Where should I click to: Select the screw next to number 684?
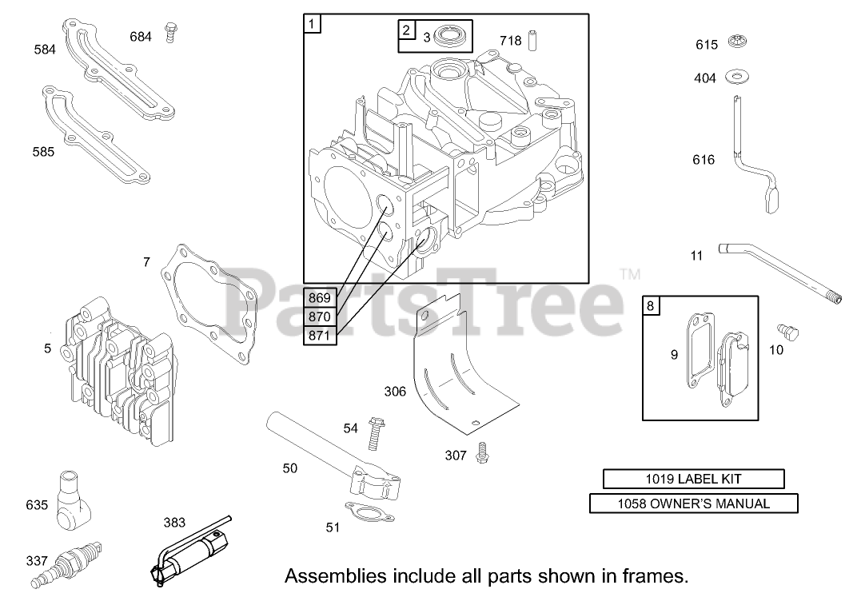click(170, 32)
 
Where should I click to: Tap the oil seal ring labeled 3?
click(451, 38)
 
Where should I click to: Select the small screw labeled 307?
click(480, 452)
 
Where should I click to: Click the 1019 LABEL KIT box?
click(693, 480)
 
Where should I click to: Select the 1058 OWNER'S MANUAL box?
click(693, 504)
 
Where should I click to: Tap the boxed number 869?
click(320, 298)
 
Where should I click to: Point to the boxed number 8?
click(651, 305)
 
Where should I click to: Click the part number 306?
click(395, 392)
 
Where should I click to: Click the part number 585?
click(44, 150)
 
